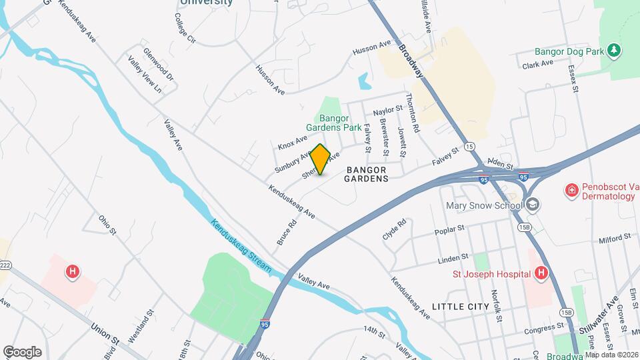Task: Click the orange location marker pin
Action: pyautogui.click(x=321, y=159)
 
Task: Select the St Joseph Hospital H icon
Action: pyautogui.click(x=541, y=273)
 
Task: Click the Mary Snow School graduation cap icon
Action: pyautogui.click(x=532, y=205)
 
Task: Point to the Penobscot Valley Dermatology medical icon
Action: pyautogui.click(x=571, y=191)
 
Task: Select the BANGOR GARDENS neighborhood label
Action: pyautogui.click(x=367, y=175)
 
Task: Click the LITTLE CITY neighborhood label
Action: pyautogui.click(x=461, y=307)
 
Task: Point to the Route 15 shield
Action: pyautogui.click(x=471, y=146)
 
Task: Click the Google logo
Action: pyautogui.click(x=22, y=351)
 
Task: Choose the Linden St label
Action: pyautogui.click(x=453, y=258)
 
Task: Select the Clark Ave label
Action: pyautogui.click(x=538, y=64)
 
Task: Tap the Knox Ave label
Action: pyautogui.click(x=293, y=141)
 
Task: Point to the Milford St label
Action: pyautogui.click(x=614, y=237)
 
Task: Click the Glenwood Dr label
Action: pyautogui.click(x=158, y=65)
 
